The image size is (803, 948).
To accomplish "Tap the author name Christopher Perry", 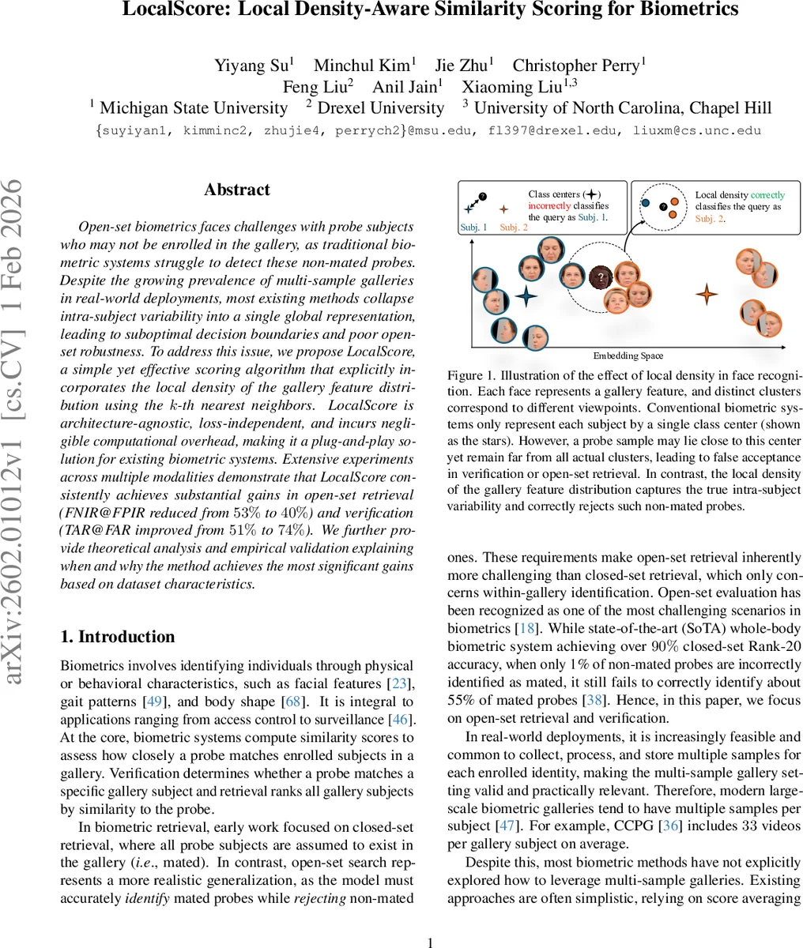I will pyautogui.click(x=579, y=66).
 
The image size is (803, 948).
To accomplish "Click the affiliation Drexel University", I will pyautogui.click(x=381, y=108).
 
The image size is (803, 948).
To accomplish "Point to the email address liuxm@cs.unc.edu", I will pyautogui.click(x=697, y=130).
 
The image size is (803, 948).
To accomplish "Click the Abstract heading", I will pyautogui.click(x=237, y=190).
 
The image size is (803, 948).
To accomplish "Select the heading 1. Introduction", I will pyautogui.click(x=118, y=637).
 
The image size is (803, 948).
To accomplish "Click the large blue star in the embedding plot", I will pyautogui.click(x=526, y=297).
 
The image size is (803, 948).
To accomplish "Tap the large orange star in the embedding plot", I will pyautogui.click(x=706, y=295).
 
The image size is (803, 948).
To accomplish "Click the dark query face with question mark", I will pyautogui.click(x=601, y=276).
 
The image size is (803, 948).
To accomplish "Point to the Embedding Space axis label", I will pyautogui.click(x=629, y=355).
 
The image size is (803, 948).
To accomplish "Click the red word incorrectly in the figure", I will pyautogui.click(x=549, y=205).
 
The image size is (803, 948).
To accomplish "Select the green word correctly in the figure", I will pyautogui.click(x=767, y=194).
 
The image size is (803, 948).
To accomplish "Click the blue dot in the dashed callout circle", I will pyautogui.click(x=646, y=203).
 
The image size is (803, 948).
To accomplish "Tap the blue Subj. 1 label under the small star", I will pyautogui.click(x=473, y=228).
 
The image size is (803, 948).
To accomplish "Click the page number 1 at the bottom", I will pyautogui.click(x=431, y=942).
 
